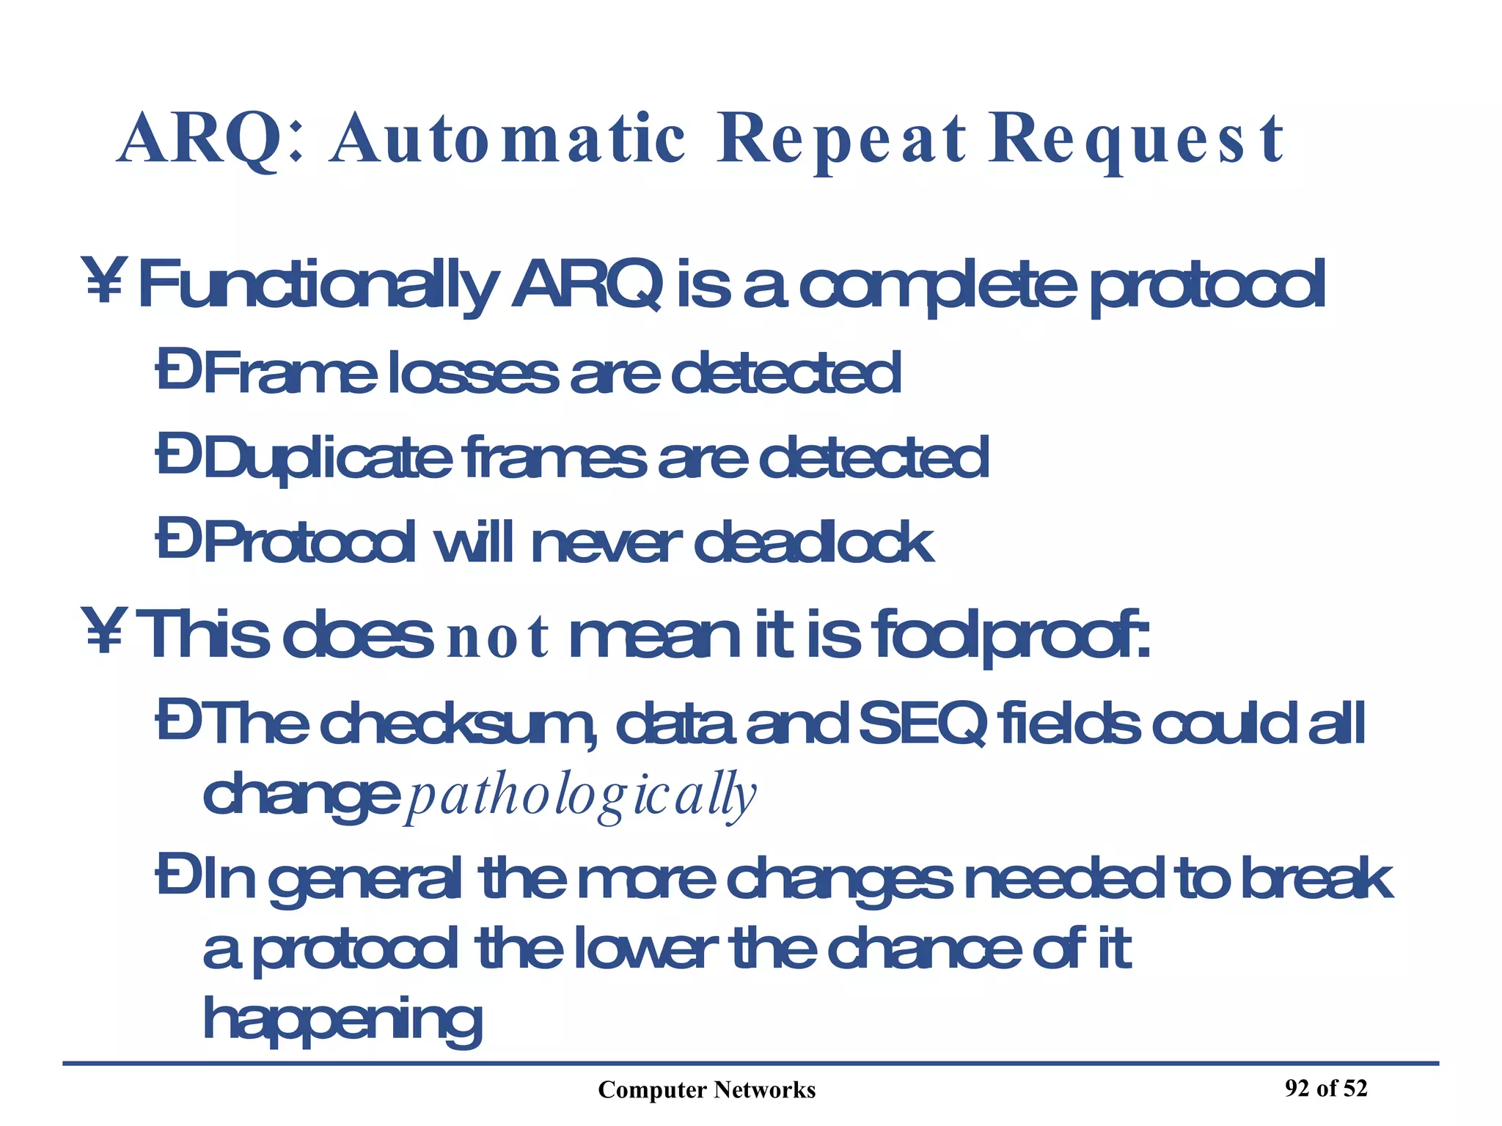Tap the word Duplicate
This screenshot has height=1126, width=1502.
click(327, 459)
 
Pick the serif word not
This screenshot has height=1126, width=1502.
click(497, 638)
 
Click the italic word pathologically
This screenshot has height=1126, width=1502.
click(580, 796)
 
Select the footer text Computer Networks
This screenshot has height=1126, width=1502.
click(706, 1090)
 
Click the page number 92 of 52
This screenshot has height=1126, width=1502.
click(1326, 1088)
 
